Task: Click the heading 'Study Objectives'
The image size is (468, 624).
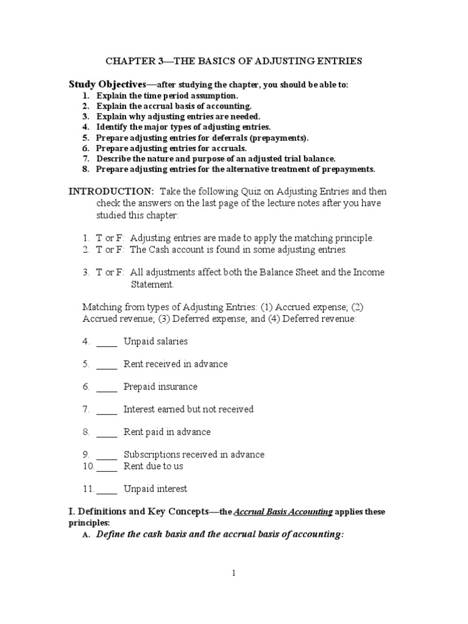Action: coord(107,84)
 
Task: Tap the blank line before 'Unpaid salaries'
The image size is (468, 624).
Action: coord(107,342)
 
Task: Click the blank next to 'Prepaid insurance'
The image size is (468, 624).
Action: coord(107,387)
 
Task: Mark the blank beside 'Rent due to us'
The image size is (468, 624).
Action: coord(107,466)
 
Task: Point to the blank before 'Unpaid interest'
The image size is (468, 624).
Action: coord(107,489)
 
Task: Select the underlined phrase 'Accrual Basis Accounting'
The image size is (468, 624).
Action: coord(283,512)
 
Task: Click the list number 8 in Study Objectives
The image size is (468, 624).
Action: coord(86,169)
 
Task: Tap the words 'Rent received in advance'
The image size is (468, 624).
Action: coord(175,364)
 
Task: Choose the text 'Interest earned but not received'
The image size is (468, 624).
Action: coord(188,409)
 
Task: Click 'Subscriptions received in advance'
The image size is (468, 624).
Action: coord(194,455)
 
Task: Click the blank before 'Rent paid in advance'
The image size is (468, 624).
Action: coord(107,432)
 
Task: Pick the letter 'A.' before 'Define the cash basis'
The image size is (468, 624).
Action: coord(86,535)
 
